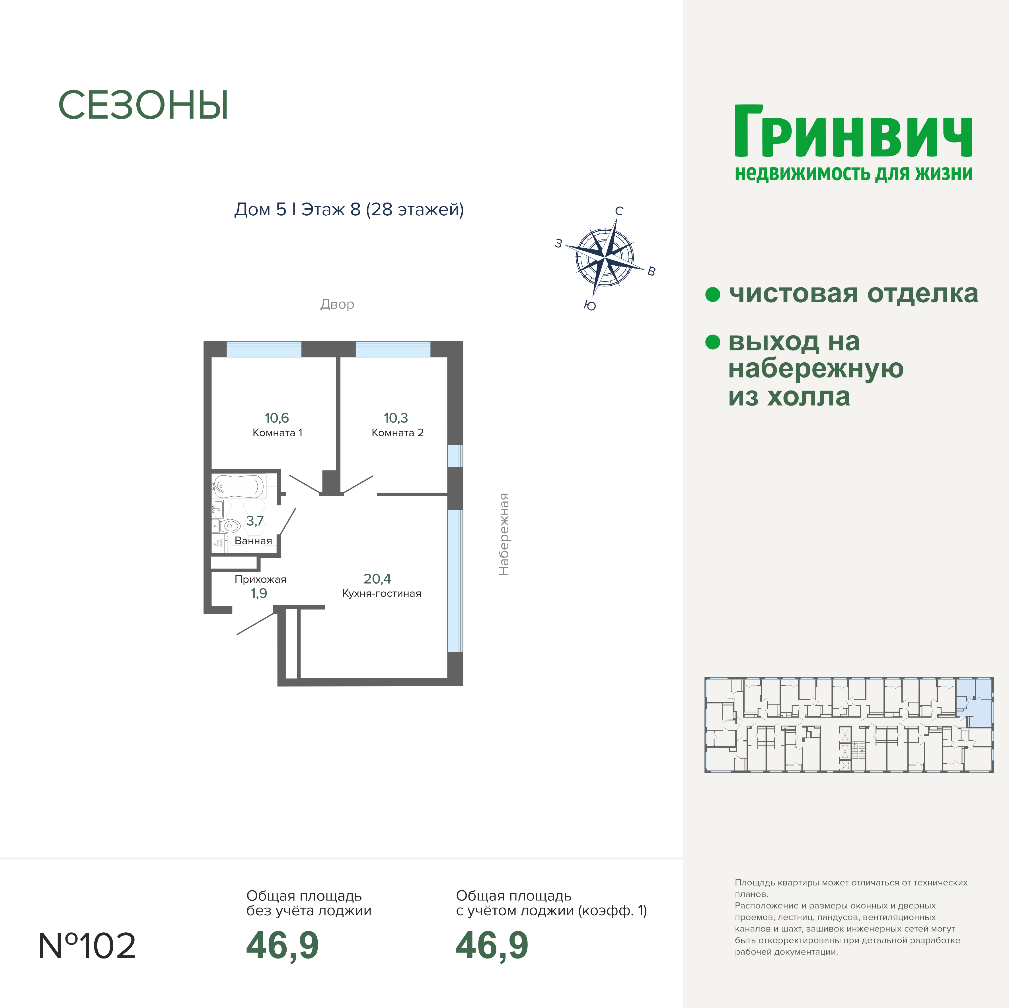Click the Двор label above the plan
click(x=337, y=304)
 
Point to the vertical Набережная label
click(x=504, y=534)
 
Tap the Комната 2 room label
click(x=397, y=433)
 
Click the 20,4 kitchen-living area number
click(x=377, y=579)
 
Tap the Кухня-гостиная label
click(x=382, y=594)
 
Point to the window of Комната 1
click(x=264, y=349)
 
